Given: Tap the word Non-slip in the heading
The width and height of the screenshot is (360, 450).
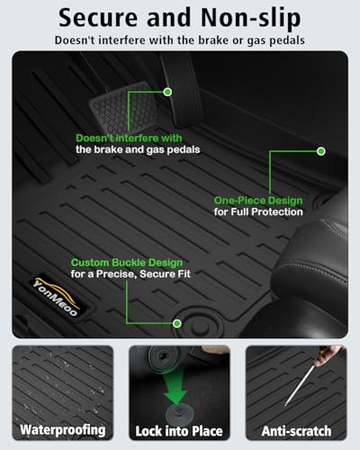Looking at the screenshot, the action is (251, 19).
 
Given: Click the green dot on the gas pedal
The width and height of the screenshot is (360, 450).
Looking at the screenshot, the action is (167, 92).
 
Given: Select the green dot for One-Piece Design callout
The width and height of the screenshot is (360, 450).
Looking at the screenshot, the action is (321, 151).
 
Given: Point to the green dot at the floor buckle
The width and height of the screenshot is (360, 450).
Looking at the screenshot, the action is (177, 323).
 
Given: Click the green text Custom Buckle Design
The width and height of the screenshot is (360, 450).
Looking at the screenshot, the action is (127, 263).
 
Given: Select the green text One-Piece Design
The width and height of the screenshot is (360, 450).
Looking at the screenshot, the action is (258, 201).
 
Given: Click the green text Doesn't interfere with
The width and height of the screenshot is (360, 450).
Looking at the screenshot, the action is (129, 138).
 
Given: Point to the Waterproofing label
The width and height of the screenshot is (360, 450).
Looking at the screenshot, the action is (63, 430).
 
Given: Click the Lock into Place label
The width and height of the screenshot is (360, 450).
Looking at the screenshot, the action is (179, 431).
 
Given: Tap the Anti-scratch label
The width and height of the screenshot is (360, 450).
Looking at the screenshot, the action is (296, 431).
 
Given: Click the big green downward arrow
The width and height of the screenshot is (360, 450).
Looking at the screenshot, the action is (175, 385).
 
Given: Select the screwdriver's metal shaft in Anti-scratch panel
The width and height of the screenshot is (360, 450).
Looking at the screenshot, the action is (300, 385).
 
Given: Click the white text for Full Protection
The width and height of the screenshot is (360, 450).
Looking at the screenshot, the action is (258, 211).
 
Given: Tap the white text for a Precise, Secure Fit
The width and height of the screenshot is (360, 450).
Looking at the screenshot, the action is (130, 274).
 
